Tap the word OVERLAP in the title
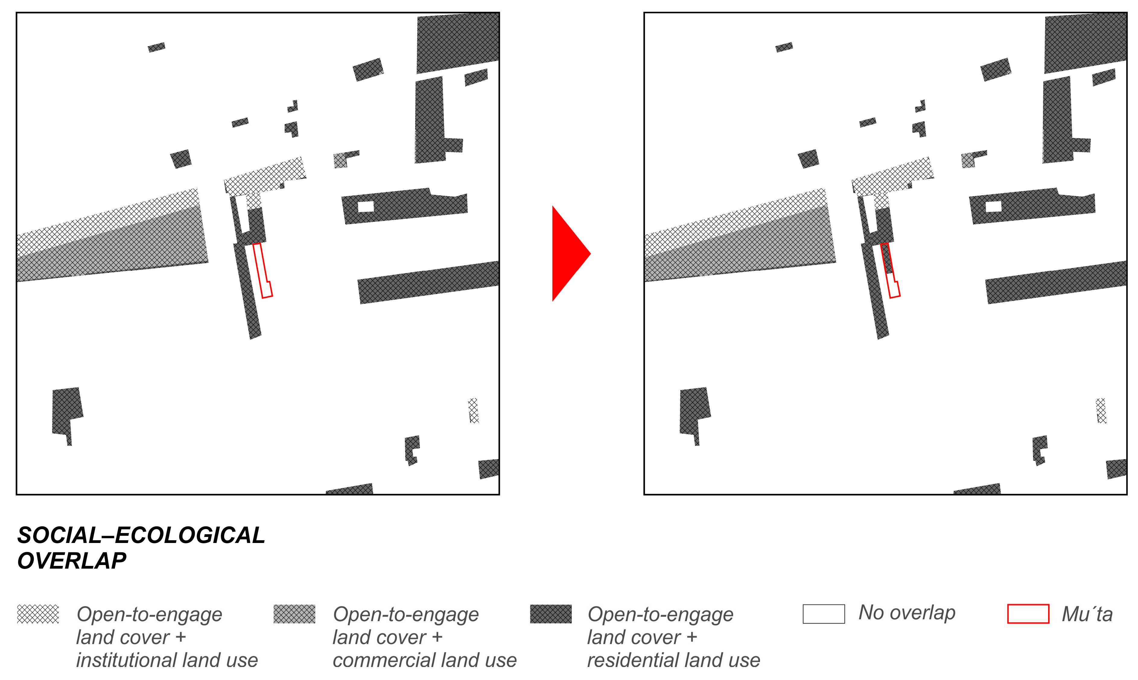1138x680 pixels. tap(72, 561)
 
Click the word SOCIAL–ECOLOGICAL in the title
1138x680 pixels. tap(141, 535)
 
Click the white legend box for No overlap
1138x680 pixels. tap(823, 614)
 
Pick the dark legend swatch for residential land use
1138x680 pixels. tap(551, 614)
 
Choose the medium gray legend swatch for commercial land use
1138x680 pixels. tap(294, 614)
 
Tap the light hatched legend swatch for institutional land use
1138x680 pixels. tap(38, 614)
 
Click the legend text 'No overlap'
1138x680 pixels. tap(907, 613)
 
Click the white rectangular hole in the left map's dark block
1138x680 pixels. tap(365, 207)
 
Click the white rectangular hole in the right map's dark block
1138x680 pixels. tap(993, 207)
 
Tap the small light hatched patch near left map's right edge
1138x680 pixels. tap(473, 410)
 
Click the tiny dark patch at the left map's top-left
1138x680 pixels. tap(156, 47)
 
